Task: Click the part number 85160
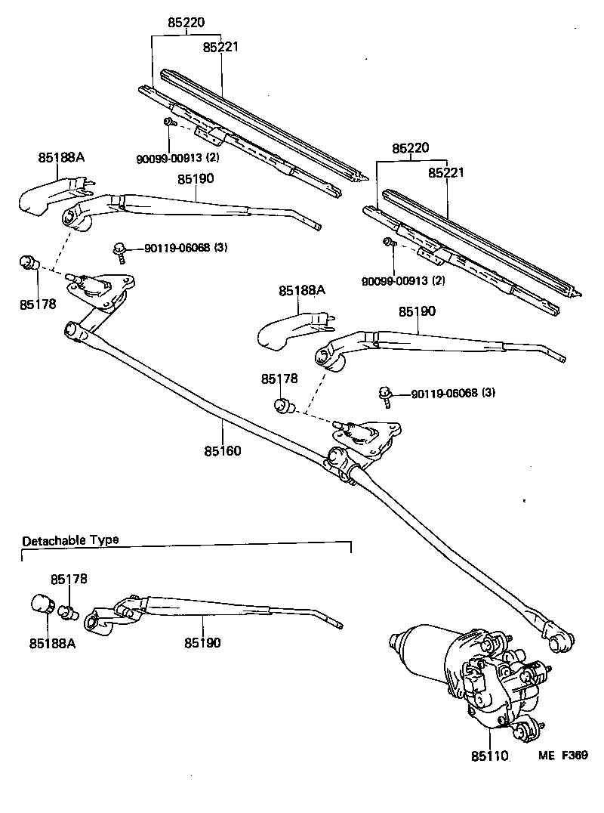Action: click(222, 451)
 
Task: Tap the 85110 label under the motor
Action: click(490, 756)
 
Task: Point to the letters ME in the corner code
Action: click(546, 755)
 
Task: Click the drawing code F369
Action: click(574, 755)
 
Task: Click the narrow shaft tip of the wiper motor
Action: click(394, 643)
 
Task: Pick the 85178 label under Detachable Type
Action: click(69, 580)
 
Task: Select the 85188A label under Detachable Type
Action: click(51, 643)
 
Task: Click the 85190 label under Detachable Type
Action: click(203, 643)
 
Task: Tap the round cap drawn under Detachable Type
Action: click(42, 605)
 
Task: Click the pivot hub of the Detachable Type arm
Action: click(94, 623)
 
